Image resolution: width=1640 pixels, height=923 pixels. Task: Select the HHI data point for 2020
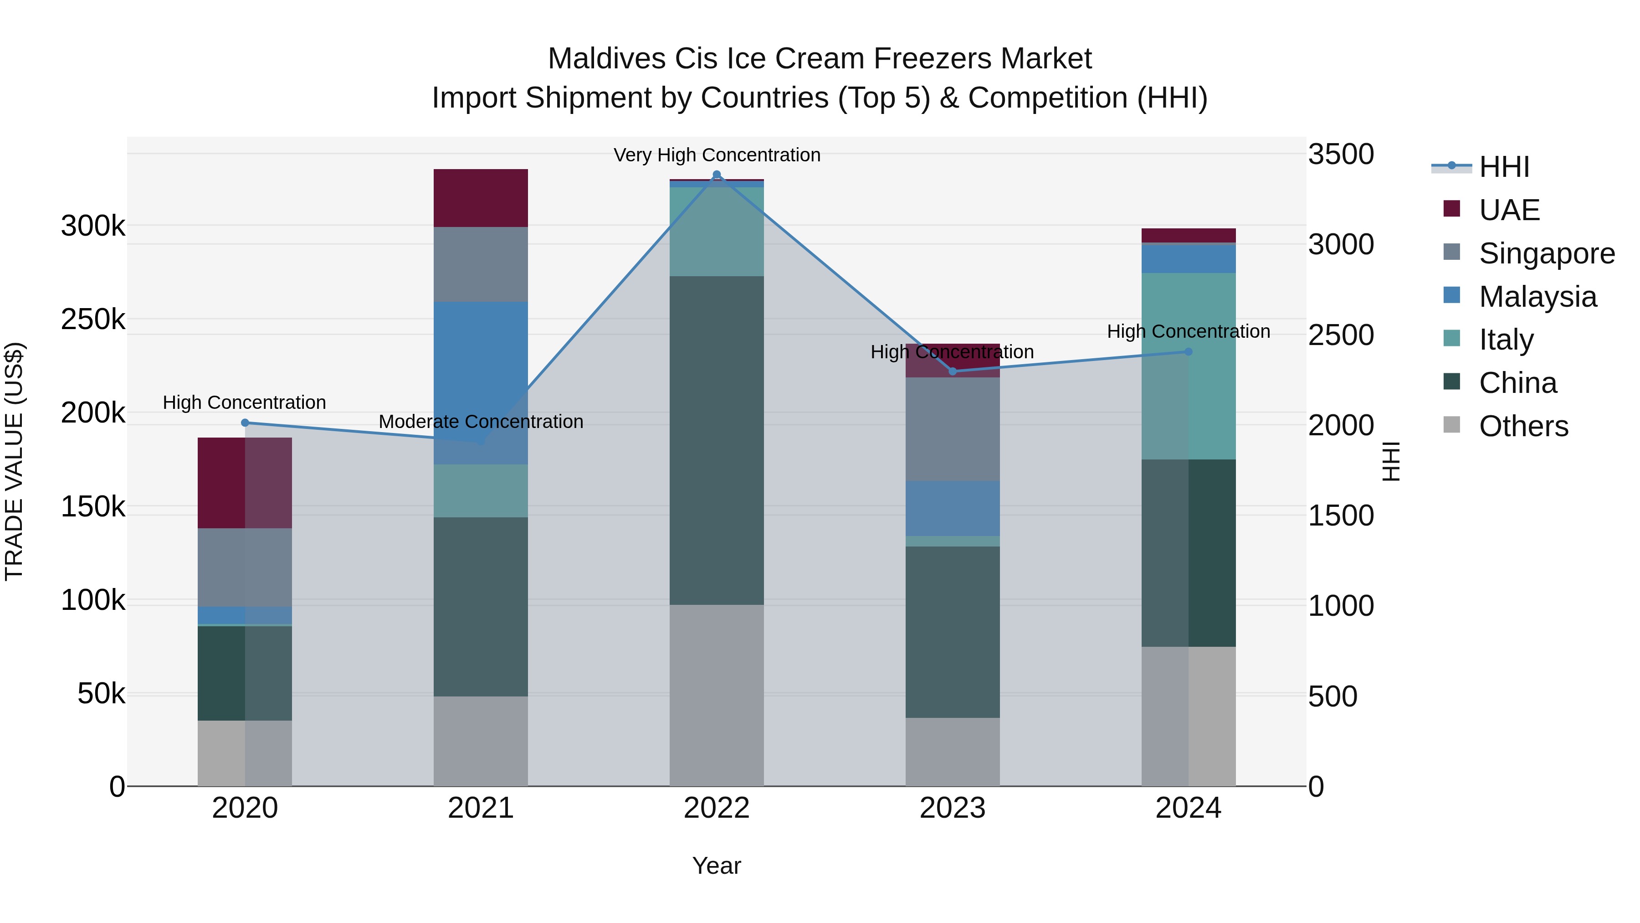pyautogui.click(x=245, y=423)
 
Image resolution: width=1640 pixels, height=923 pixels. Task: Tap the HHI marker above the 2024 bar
pyautogui.click(x=1188, y=351)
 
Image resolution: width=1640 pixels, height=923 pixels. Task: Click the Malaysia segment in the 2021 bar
pyautogui.click(x=481, y=382)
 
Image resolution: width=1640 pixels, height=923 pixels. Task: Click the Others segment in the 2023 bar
pyautogui.click(x=953, y=752)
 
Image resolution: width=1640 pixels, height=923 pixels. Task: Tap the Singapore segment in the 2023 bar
pyautogui.click(x=953, y=429)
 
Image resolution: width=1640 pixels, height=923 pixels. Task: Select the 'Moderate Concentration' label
pyautogui.click(x=481, y=422)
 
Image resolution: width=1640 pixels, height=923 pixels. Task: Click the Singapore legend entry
pyautogui.click(x=1547, y=253)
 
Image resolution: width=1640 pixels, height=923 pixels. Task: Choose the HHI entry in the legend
pyautogui.click(x=1504, y=167)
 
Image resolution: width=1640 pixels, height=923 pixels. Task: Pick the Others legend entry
pyautogui.click(x=1523, y=426)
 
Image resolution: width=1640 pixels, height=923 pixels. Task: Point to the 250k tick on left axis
pyautogui.click(x=93, y=319)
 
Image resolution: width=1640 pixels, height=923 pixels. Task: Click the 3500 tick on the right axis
pyautogui.click(x=1341, y=154)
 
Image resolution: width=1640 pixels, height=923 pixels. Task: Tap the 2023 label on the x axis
pyautogui.click(x=953, y=808)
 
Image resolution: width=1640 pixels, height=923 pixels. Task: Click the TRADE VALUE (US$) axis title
pyautogui.click(x=14, y=461)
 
